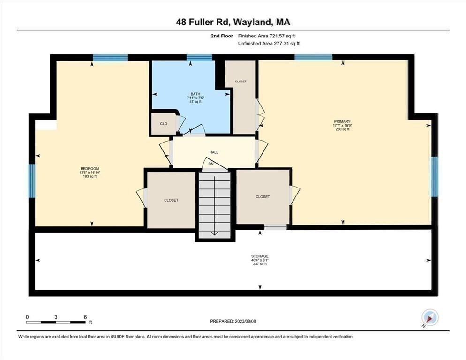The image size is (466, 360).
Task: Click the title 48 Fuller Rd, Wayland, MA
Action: [233, 22]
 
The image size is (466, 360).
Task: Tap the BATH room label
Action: [195, 94]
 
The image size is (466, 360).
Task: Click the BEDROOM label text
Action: [90, 168]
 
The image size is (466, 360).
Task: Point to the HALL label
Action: [214, 152]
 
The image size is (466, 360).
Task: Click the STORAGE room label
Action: [259, 256]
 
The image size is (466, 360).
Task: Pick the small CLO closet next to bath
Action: [164, 124]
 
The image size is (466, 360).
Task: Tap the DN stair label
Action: [211, 164]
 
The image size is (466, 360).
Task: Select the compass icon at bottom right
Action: [430, 317]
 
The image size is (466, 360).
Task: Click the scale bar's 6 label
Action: [85, 317]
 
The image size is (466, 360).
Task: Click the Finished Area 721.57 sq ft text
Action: [267, 36]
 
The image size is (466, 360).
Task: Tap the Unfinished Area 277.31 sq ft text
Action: [269, 44]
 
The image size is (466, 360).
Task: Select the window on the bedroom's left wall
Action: [32, 180]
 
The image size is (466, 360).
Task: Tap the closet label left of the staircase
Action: [171, 200]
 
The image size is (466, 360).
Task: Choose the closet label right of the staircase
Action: [263, 197]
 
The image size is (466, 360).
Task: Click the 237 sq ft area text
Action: [259, 264]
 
